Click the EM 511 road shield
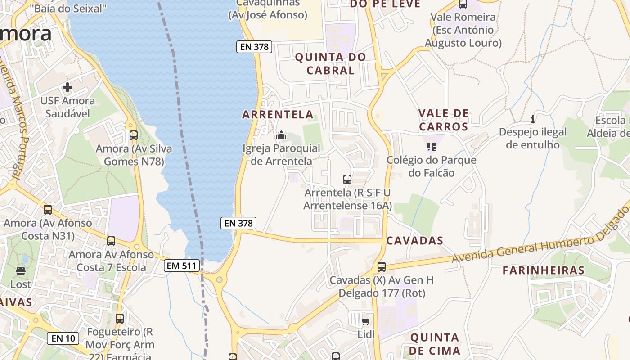(x=182, y=265)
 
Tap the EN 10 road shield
(x=63, y=338)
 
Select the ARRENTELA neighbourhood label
(x=278, y=114)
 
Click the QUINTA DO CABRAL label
(x=330, y=63)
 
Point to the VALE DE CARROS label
(x=443, y=120)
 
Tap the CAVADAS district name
(x=415, y=241)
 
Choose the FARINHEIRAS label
(x=543, y=270)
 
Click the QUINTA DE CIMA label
(x=435, y=344)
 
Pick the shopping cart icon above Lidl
(x=365, y=321)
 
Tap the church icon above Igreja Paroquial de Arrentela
(x=281, y=135)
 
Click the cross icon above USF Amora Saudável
(x=67, y=87)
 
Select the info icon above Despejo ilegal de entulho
(x=533, y=119)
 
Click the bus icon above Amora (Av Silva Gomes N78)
(x=133, y=135)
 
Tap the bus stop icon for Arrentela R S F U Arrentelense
(x=347, y=180)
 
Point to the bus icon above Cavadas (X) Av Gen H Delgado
(x=381, y=266)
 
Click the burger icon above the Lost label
(x=21, y=271)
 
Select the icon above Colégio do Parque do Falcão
(x=431, y=147)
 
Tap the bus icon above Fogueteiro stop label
(x=119, y=319)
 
